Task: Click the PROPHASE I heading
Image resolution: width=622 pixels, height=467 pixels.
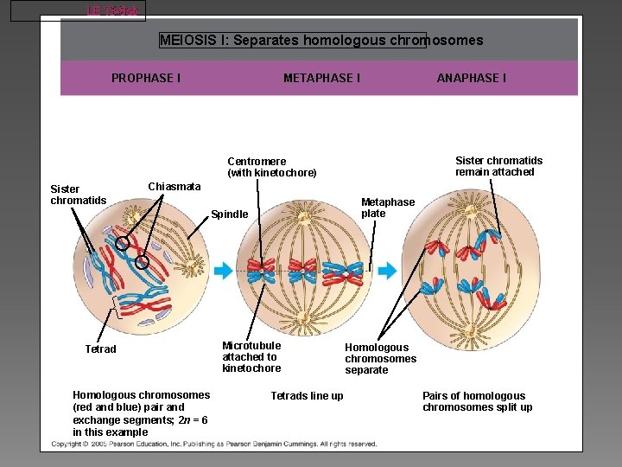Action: [x=146, y=78]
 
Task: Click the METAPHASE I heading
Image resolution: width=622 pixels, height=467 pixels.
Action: [x=321, y=78]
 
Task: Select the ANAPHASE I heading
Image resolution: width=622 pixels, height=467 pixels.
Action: [x=472, y=78]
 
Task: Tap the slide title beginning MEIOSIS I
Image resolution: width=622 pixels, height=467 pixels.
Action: [x=321, y=41]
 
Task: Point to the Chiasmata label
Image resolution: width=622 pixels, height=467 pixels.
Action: [x=175, y=187]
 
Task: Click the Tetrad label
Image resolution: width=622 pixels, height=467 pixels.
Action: [x=100, y=349]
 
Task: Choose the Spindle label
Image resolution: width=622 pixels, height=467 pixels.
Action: [x=230, y=214]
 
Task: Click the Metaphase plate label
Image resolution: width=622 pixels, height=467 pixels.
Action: [x=387, y=208]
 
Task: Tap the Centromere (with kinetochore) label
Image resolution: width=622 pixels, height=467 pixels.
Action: [x=272, y=167]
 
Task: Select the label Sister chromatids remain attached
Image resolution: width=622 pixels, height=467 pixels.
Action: [x=498, y=166]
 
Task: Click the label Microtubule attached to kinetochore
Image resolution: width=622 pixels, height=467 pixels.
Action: [x=251, y=356]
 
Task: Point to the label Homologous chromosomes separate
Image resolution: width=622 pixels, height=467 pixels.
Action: [x=380, y=358]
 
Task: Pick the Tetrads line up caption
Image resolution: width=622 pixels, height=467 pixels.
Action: [x=307, y=396]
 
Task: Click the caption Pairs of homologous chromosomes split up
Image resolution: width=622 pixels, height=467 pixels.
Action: [x=477, y=401]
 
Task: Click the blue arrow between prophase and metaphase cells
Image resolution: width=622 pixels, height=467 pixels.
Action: [x=223, y=271]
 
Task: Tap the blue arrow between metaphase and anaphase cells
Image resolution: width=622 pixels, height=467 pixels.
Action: [x=387, y=271]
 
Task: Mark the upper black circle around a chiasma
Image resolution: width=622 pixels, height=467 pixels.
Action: [x=124, y=244]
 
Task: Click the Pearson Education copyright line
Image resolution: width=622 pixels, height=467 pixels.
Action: [x=214, y=444]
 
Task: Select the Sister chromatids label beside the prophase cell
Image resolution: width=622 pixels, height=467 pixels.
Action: [x=78, y=195]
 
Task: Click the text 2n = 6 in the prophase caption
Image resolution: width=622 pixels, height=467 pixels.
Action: [x=192, y=419]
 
